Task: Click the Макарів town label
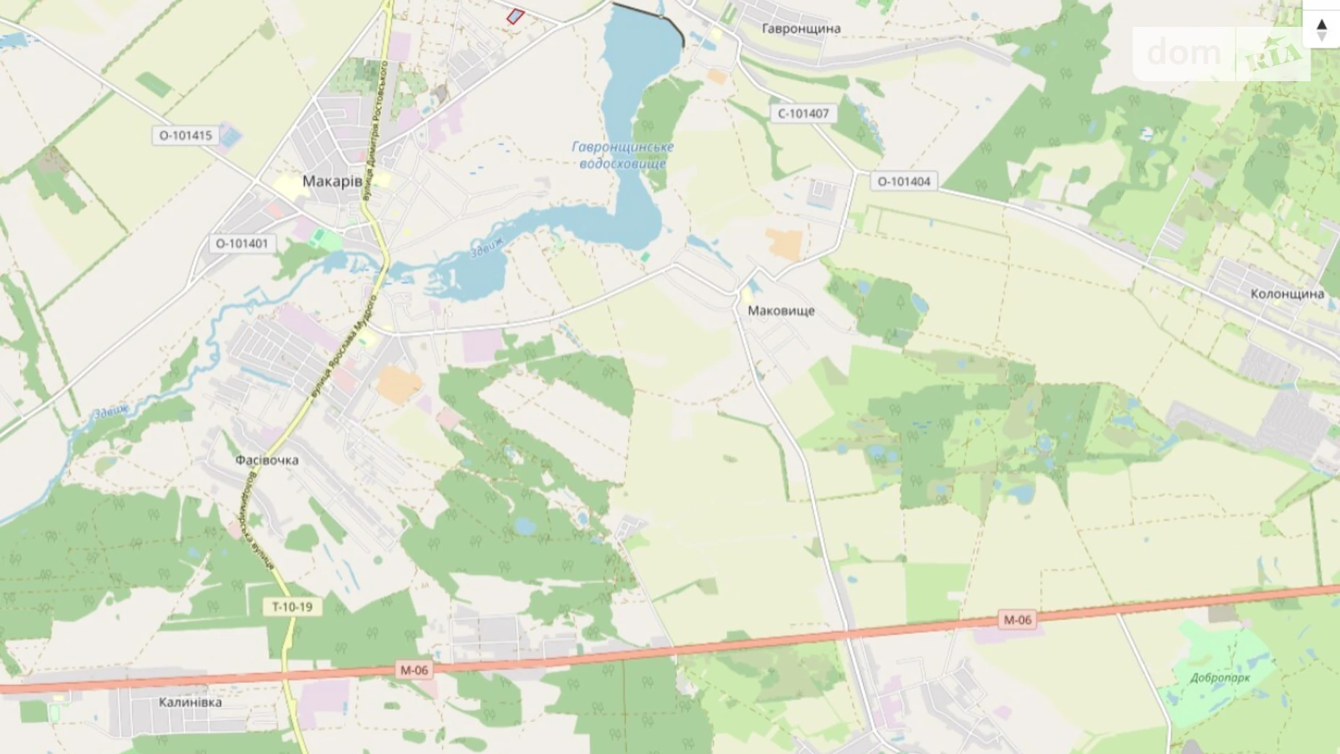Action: click(x=332, y=181)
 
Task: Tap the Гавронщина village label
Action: click(x=801, y=29)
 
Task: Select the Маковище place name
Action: click(x=781, y=311)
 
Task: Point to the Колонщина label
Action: click(x=1286, y=294)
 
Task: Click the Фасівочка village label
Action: click(x=267, y=460)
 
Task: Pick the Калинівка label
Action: click(x=190, y=703)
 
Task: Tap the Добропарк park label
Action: click(x=1220, y=679)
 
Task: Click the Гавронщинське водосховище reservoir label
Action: click(x=622, y=155)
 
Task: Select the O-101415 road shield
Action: click(x=185, y=136)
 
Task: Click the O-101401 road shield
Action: click(x=241, y=244)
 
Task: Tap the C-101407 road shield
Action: click(x=803, y=114)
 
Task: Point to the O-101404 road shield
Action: click(x=903, y=181)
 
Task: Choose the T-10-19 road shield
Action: click(x=292, y=607)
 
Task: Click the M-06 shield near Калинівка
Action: click(x=414, y=670)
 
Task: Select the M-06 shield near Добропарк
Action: click(x=1016, y=620)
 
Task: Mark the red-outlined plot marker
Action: click(x=515, y=16)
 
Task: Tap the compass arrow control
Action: click(x=1321, y=29)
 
